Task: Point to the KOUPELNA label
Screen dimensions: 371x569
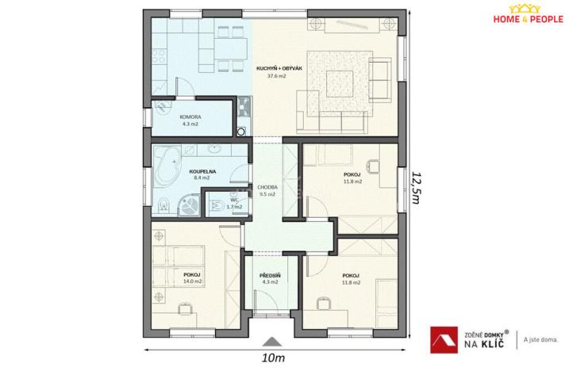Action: (x=199, y=170)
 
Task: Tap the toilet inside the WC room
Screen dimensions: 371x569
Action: (x=217, y=205)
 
